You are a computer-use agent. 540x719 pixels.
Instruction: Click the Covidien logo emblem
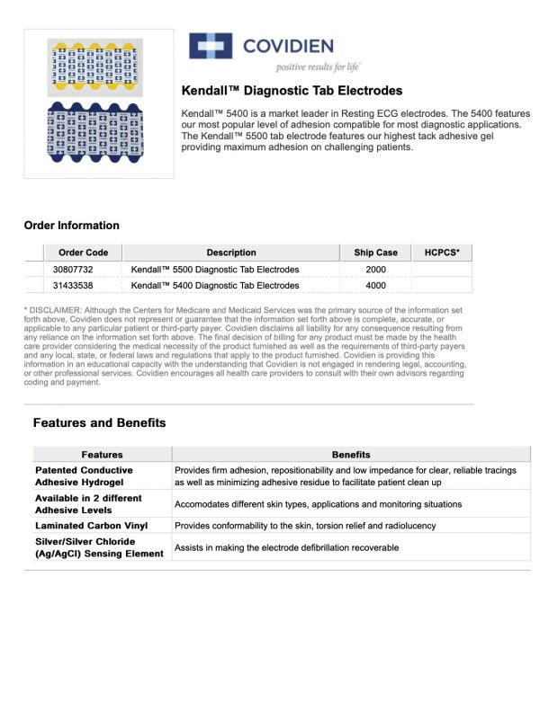(x=209, y=46)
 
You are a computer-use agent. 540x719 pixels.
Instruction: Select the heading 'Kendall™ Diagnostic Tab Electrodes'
(x=292, y=91)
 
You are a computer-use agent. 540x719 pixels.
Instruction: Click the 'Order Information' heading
(x=71, y=226)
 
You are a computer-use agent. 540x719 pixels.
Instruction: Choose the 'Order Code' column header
(x=83, y=253)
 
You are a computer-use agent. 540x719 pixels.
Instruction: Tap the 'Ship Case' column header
(x=375, y=253)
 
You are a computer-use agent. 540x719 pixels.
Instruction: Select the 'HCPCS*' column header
(x=441, y=253)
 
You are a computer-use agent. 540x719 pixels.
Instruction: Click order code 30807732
(x=73, y=270)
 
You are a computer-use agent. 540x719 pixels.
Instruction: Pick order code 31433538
(x=73, y=286)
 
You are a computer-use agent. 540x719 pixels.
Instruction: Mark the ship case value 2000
(x=375, y=270)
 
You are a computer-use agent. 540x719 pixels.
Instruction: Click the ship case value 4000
(x=375, y=286)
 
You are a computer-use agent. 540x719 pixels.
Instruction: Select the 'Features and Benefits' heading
(x=99, y=422)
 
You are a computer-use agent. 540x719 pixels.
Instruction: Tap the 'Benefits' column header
(x=351, y=455)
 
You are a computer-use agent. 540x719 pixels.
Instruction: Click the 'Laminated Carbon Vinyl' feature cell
(x=92, y=525)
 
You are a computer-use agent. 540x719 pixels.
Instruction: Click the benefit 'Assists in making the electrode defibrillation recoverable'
(x=286, y=547)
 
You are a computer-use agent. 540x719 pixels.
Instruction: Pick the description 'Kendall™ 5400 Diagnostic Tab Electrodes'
(x=215, y=286)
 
